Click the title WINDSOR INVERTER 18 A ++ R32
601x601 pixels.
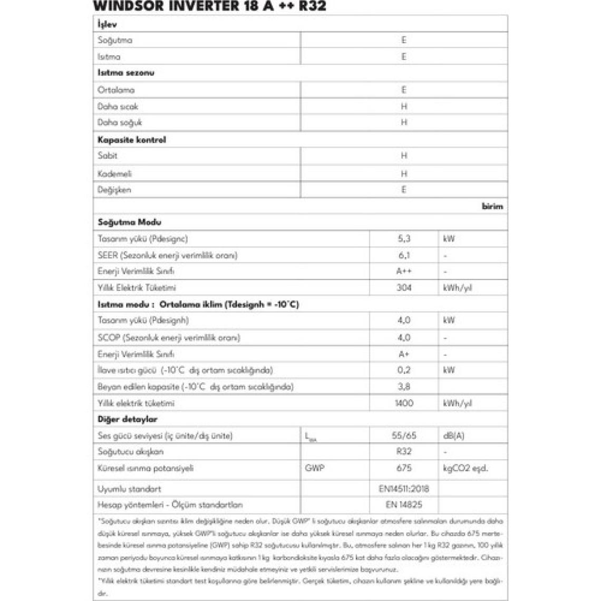[209, 6]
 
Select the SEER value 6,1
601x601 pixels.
[404, 255]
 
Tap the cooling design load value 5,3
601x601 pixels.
[404, 239]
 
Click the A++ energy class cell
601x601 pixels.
[404, 271]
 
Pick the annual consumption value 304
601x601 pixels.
[404, 288]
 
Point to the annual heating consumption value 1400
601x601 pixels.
[404, 403]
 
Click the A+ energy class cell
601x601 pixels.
[404, 354]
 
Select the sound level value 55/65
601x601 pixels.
[404, 435]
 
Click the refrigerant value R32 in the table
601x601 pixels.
[404, 452]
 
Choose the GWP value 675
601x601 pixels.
[404, 468]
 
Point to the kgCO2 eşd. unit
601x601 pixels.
[466, 468]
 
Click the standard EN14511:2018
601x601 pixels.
[404, 489]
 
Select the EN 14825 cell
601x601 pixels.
[404, 505]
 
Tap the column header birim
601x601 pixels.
[492, 206]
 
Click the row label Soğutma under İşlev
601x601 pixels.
[115, 40]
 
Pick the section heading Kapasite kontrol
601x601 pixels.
[132, 140]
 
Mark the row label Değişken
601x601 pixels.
[114, 190]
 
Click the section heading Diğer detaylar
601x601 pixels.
[128, 420]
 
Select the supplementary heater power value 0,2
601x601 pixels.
[404, 370]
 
